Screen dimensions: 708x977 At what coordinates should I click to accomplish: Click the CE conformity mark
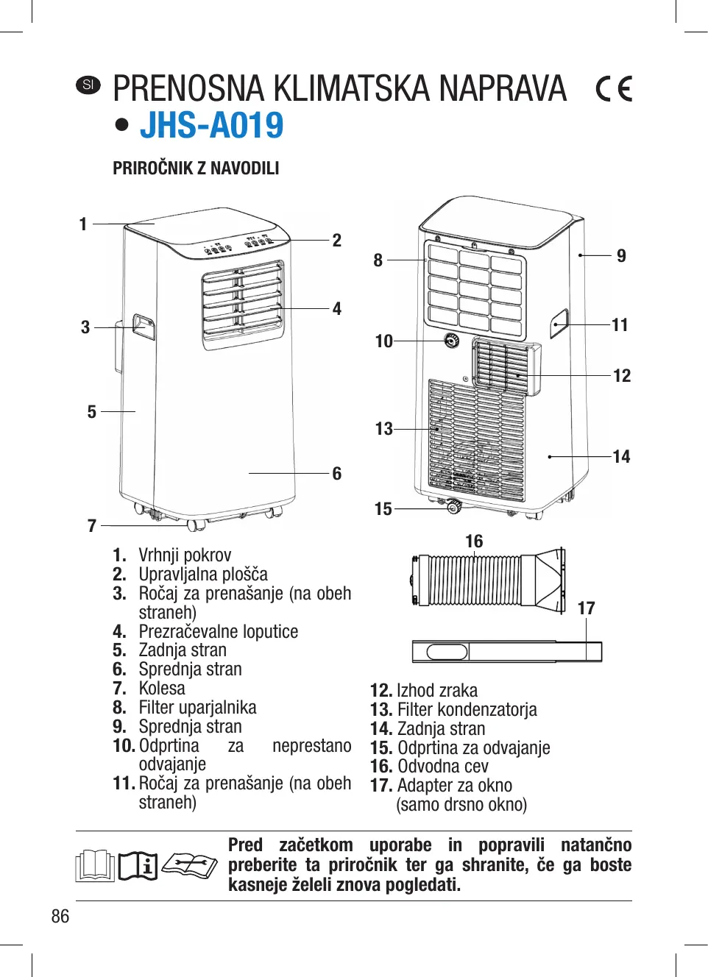click(x=614, y=89)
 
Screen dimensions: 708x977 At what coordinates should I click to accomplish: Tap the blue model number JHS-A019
click(x=212, y=125)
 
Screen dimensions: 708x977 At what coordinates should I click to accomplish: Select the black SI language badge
click(x=88, y=85)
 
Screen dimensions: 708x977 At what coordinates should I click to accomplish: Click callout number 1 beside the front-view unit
click(x=83, y=224)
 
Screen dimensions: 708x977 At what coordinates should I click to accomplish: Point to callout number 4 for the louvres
click(x=337, y=309)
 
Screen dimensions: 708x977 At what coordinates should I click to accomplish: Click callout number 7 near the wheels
click(x=92, y=526)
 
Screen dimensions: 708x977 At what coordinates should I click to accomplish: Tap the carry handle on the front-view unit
click(x=144, y=327)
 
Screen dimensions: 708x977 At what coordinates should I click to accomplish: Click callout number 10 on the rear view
click(x=383, y=341)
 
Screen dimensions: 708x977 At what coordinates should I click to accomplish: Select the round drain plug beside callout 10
click(x=451, y=341)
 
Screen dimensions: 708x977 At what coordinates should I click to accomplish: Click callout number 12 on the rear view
click(x=622, y=376)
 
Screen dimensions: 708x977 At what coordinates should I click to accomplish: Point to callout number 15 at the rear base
click(x=383, y=509)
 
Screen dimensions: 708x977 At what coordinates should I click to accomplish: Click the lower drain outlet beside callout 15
click(x=453, y=506)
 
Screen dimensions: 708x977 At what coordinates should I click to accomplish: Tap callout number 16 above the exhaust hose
click(x=474, y=541)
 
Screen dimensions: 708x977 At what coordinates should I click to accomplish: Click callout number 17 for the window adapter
click(x=586, y=608)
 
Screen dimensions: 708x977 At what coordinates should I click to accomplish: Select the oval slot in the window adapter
click(x=447, y=652)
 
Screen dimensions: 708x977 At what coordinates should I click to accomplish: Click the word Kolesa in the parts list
click(x=162, y=689)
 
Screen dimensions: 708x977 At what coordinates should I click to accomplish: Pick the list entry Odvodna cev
click(x=442, y=767)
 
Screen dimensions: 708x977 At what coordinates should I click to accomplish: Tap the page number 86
click(x=60, y=916)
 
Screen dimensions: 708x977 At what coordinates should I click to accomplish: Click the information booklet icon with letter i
click(x=138, y=866)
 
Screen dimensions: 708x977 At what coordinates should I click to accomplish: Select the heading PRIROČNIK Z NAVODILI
click(x=196, y=168)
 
